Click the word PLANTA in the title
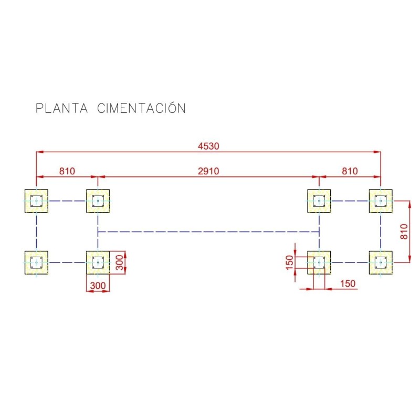[61, 108]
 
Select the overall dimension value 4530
[208, 146]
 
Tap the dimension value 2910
[208, 171]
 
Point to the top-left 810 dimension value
[67, 171]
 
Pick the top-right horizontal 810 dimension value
[350, 171]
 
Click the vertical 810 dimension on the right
[403, 231]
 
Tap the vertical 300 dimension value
[120, 262]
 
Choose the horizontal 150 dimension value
[347, 283]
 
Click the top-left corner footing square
[36, 201]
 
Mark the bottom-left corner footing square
[36, 262]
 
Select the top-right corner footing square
[380, 201]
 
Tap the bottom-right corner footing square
[380, 262]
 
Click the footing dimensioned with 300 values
[98, 262]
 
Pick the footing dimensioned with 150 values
[319, 262]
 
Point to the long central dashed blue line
[208, 231]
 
